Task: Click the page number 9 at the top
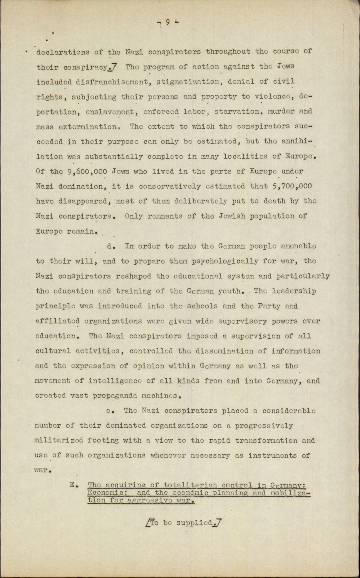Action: pos(168,22)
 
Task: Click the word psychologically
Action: pos(196,261)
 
